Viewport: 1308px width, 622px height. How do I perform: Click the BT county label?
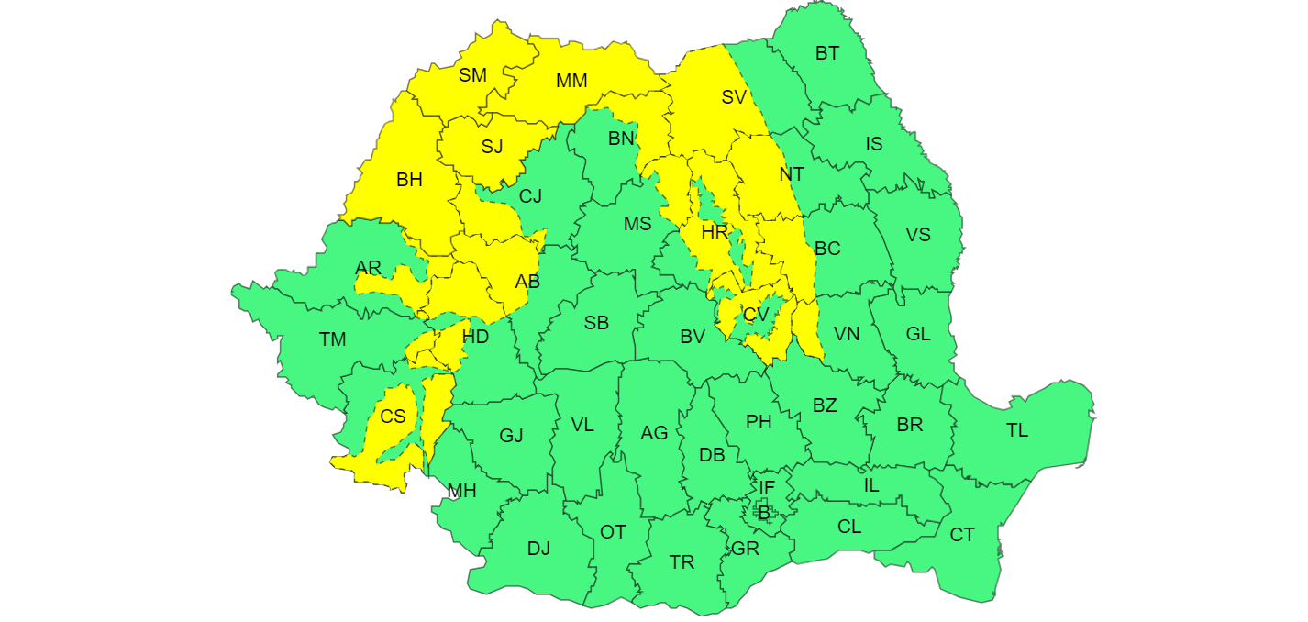coord(826,53)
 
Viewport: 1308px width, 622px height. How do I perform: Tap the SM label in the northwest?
coord(472,75)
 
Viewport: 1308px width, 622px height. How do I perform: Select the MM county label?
coord(571,81)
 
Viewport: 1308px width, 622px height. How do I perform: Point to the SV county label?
coord(733,97)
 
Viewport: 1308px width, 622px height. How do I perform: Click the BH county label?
coord(409,180)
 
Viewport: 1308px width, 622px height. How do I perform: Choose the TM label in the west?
coord(332,339)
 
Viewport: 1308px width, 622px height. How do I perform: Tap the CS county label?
coord(393,417)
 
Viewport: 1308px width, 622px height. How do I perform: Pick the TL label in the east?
coord(1017,429)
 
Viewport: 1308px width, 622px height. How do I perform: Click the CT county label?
coord(962,535)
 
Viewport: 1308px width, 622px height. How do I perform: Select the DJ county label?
coord(538,549)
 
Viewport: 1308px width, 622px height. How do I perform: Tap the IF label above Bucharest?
coord(767,488)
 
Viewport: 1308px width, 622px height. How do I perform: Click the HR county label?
coord(715,232)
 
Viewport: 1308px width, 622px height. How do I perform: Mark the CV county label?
coord(756,315)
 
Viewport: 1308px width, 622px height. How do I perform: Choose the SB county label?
coord(596,323)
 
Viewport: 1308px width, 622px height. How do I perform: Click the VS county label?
coord(917,235)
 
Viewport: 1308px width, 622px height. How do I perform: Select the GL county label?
coord(917,334)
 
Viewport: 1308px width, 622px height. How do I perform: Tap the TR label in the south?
coord(682,562)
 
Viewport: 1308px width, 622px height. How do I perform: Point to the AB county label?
coord(527,282)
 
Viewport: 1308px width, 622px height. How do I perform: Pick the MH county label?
coord(461,491)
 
